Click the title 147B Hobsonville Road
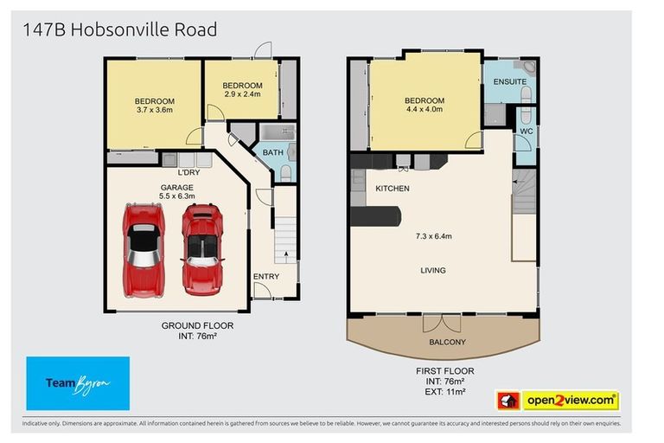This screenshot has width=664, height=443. click(119, 30)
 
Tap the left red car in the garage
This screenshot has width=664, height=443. click(144, 246)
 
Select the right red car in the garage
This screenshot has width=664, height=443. click(202, 248)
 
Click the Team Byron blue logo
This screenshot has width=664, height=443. click(78, 382)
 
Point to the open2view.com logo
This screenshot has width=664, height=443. click(557, 401)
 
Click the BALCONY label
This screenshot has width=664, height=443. click(447, 342)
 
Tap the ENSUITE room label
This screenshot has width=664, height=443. click(510, 81)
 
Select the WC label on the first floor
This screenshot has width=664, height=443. click(526, 132)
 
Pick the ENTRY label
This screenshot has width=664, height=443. click(266, 277)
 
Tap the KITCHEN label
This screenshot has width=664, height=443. click(392, 188)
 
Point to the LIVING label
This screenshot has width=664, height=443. click(433, 270)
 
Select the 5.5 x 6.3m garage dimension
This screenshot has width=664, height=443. click(176, 196)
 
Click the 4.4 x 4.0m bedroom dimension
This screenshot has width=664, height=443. click(424, 110)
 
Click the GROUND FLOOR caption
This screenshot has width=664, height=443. click(197, 325)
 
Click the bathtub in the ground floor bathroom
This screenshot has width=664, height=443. click(278, 132)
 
